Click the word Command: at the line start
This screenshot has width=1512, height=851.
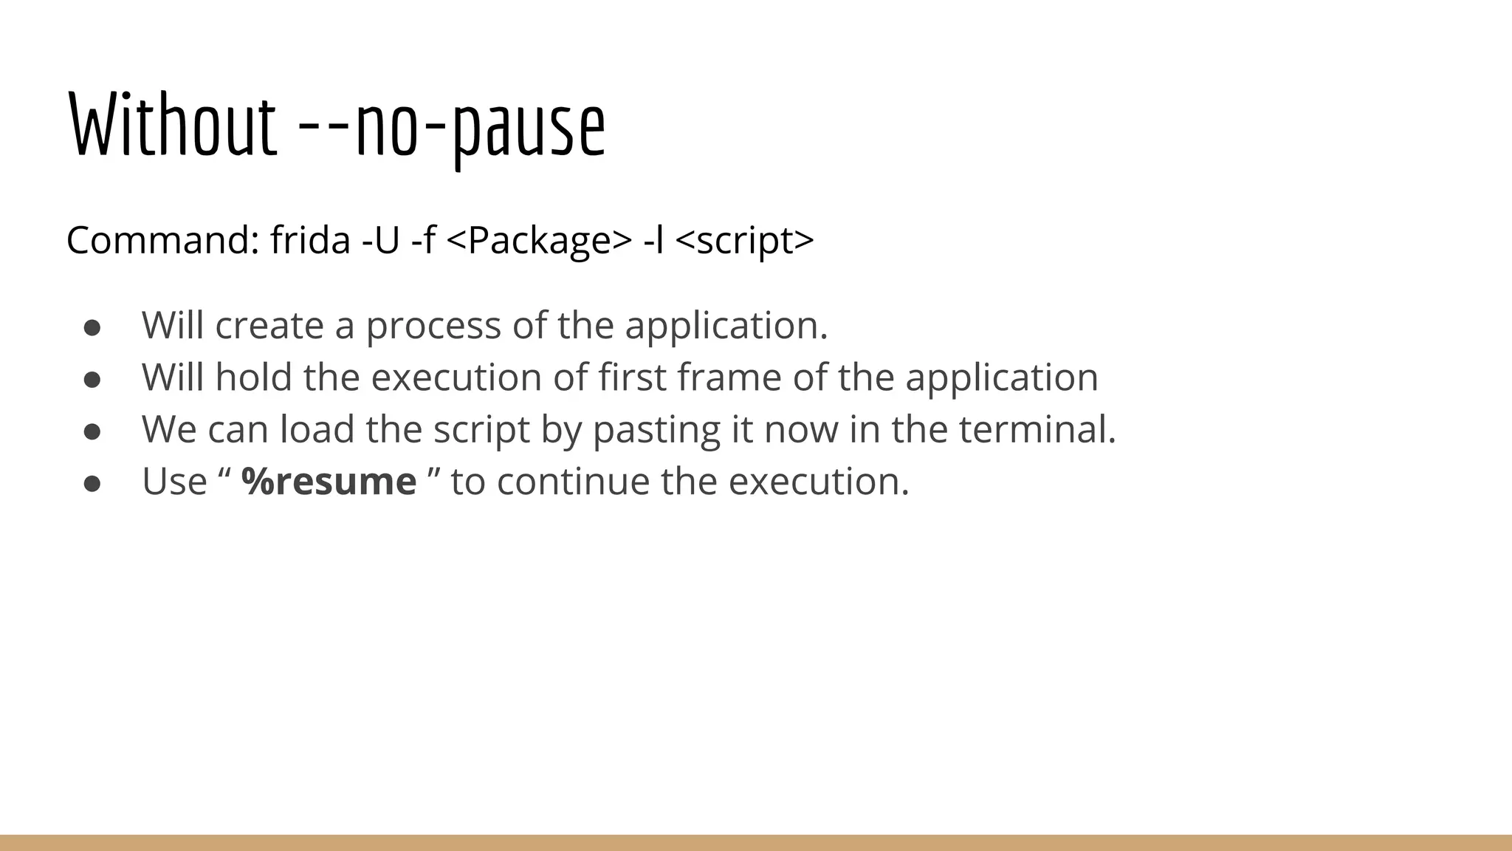[162, 240]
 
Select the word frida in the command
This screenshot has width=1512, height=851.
[310, 240]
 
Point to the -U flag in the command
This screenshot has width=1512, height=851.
[380, 240]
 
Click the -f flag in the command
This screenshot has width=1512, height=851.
[424, 240]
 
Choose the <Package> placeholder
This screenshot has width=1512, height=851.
[540, 240]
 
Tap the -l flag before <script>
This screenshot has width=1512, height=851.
[653, 240]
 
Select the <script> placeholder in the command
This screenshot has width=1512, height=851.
[744, 240]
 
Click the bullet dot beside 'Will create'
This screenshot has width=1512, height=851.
[92, 327]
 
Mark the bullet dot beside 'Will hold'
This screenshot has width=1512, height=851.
[92, 379]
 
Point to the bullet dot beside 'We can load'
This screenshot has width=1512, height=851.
[92, 431]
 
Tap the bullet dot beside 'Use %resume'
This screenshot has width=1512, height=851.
[92, 483]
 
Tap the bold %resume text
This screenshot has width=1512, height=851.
[329, 482]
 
